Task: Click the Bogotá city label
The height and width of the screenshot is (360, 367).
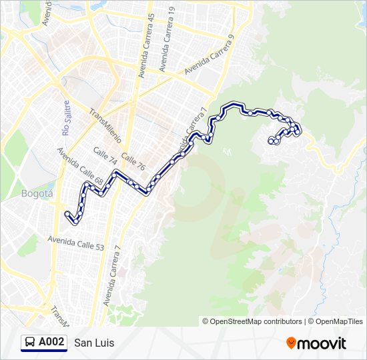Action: click(37, 194)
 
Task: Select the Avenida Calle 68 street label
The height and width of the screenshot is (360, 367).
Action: click(79, 166)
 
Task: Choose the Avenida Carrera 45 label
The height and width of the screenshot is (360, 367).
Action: click(147, 46)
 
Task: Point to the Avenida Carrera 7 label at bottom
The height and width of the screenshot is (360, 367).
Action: click(112, 275)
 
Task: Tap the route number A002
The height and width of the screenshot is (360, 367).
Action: click(51, 343)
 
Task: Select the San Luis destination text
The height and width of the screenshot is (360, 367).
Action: click(94, 343)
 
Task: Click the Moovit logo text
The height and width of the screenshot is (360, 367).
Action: click(322, 343)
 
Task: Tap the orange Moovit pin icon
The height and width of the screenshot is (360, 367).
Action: click(291, 343)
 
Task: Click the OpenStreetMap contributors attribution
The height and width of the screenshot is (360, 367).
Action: click(252, 321)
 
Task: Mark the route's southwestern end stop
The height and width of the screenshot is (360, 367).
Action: click(67, 214)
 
